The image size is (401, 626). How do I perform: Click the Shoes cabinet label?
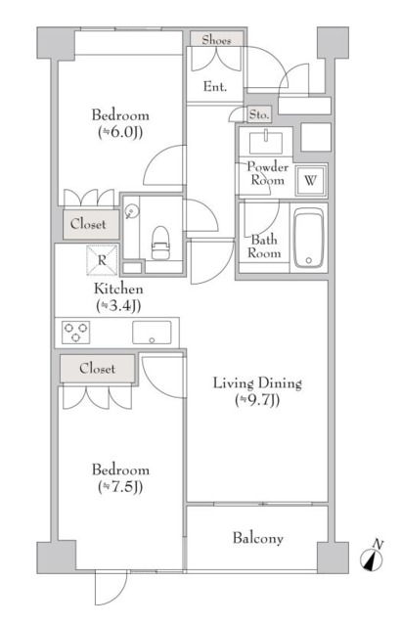pos(216,40)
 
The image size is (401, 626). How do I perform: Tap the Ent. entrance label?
pos(215,86)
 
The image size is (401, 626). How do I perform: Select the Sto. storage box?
pos(259,114)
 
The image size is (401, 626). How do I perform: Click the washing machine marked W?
pos(310,180)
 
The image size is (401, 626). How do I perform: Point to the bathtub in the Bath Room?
pos(308,238)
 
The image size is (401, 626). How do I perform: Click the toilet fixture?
pos(160,243)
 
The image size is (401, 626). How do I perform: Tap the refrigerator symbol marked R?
pos(102,260)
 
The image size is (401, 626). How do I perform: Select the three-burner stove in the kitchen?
pos(76,333)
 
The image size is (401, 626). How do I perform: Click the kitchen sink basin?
pos(152,333)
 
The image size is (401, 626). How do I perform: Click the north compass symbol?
pos(372,557)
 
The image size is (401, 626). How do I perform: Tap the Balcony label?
pos(258,538)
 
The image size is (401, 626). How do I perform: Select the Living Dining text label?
pos(257,382)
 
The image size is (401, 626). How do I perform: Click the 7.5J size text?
pos(120,487)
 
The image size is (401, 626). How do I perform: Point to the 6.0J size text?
pos(120,132)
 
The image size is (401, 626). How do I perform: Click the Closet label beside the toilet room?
pos(88,224)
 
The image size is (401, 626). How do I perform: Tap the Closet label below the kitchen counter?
pos(98,368)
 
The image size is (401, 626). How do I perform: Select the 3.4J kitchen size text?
pos(118,306)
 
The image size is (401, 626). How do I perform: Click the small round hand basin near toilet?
pos(131,211)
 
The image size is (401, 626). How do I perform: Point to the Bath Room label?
pos(264,246)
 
